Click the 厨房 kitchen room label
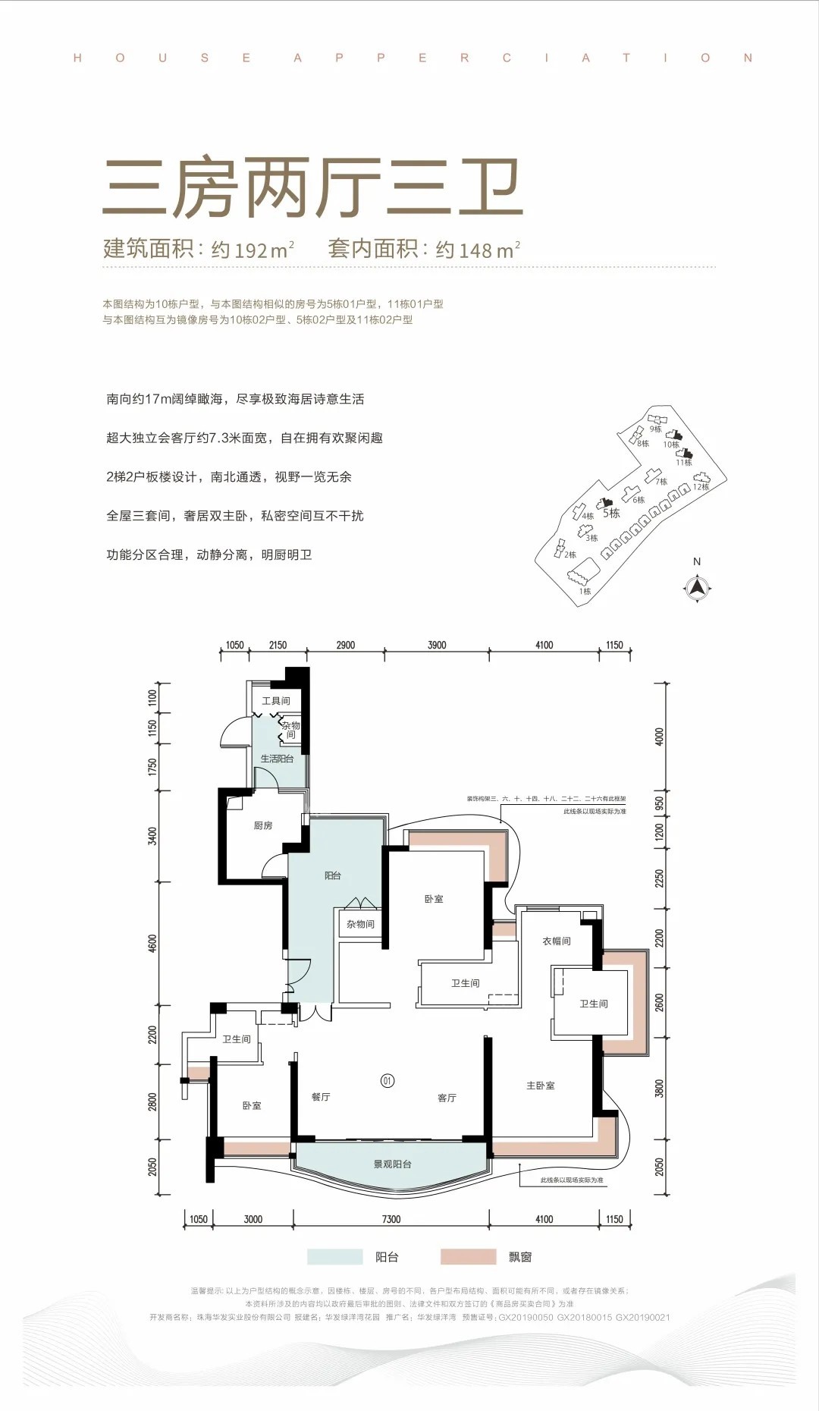[x=263, y=825]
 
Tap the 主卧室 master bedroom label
[x=541, y=1086]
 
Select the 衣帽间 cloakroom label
[x=556, y=941]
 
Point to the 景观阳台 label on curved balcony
[x=392, y=1164]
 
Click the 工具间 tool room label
[x=276, y=701]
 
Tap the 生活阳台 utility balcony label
[x=277, y=759]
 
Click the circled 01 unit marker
[x=388, y=1080]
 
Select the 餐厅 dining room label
[x=321, y=1097]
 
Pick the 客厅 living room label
[x=447, y=1098]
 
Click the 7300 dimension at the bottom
[x=391, y=1219]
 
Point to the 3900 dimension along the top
[x=437, y=645]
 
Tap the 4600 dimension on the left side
[x=153, y=943]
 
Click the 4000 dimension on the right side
[x=659, y=736]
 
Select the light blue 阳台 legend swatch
[x=334, y=1257]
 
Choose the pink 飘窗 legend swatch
[x=468, y=1257]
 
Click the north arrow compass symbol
[x=697, y=588]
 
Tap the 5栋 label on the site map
[x=611, y=514]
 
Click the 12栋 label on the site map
[x=701, y=487]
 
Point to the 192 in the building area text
[x=251, y=250]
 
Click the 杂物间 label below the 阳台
[x=360, y=924]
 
